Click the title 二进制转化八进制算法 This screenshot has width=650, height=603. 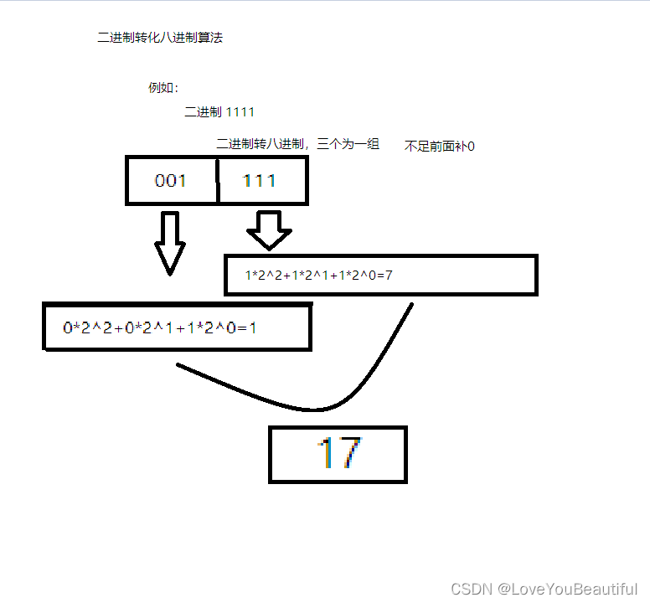pos(160,37)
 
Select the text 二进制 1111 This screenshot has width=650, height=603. pos(219,111)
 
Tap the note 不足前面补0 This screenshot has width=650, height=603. pos(440,146)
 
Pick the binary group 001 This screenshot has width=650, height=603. pos(171,180)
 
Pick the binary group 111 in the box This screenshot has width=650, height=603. pos(259,180)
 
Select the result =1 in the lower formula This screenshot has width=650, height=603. pos(248,327)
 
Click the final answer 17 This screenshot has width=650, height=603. pos(338,454)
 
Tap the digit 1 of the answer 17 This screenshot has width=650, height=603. pos(326,454)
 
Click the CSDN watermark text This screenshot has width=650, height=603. pos(471,589)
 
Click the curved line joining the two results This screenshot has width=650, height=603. pos(314,410)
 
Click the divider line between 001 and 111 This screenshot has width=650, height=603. pos(218,180)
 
